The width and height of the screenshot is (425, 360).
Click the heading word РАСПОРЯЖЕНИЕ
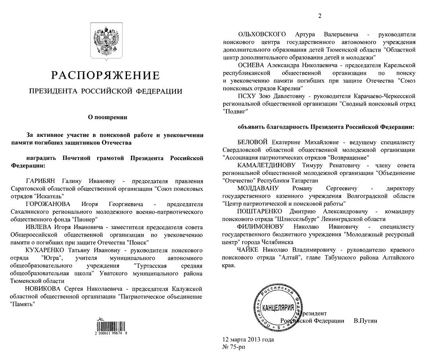coord(105,75)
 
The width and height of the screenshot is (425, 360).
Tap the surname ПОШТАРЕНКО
coord(259,211)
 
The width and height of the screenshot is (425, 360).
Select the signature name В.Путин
coord(365,321)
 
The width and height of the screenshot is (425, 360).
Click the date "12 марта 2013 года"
coord(248,340)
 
